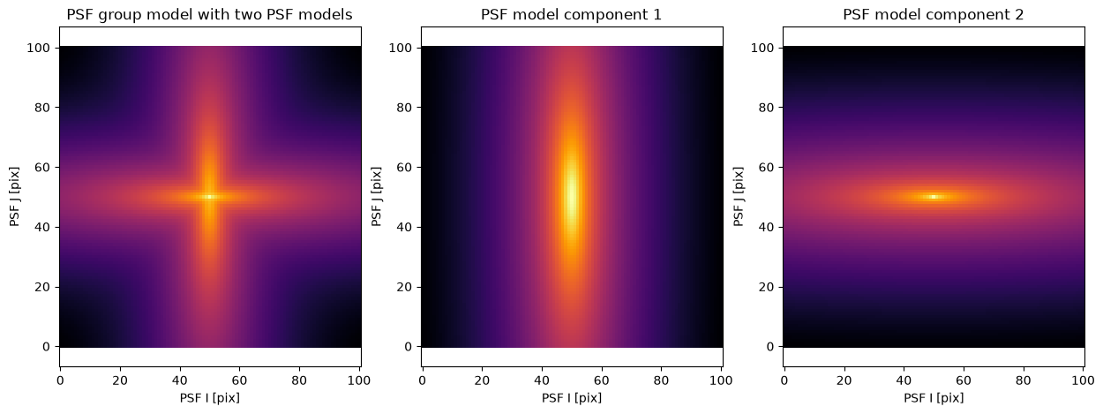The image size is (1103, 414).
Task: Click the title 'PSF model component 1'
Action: pyautogui.click(x=571, y=14)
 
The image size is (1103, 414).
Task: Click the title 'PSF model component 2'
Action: pyautogui.click(x=933, y=14)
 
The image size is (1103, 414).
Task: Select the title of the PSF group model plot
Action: pyautogui.click(x=209, y=14)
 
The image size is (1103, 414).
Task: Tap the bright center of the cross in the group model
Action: pyautogui.click(x=210, y=197)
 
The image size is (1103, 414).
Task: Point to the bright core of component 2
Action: pyautogui.click(x=934, y=197)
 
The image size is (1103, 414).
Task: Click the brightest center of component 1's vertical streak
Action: pyautogui.click(x=572, y=196)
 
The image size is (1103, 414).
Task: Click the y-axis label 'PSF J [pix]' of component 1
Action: pyautogui.click(x=377, y=197)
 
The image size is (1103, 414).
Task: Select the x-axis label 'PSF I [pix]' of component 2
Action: pyautogui.click(x=933, y=398)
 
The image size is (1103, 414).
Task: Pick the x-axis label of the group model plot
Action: pyautogui.click(x=209, y=398)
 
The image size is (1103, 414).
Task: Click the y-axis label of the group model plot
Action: pyautogui.click(x=15, y=197)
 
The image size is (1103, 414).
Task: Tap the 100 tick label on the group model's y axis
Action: pyautogui.click(x=39, y=48)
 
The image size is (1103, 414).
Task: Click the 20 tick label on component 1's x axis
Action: pyautogui.click(x=482, y=380)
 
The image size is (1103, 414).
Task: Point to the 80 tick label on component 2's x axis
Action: pyautogui.click(x=1024, y=380)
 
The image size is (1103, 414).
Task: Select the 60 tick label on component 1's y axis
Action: pyautogui.click(x=404, y=167)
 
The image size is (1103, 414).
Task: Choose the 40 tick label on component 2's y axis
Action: pyautogui.click(x=766, y=227)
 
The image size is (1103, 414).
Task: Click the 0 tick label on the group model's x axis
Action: pyautogui.click(x=60, y=380)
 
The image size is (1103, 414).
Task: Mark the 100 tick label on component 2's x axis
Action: pyautogui.click(x=1084, y=380)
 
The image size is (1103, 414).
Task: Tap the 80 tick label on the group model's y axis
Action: pyautogui.click(x=42, y=108)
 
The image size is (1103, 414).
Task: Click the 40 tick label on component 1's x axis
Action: pyautogui.click(x=542, y=380)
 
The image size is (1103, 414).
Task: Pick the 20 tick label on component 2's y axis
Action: pyautogui.click(x=766, y=287)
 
